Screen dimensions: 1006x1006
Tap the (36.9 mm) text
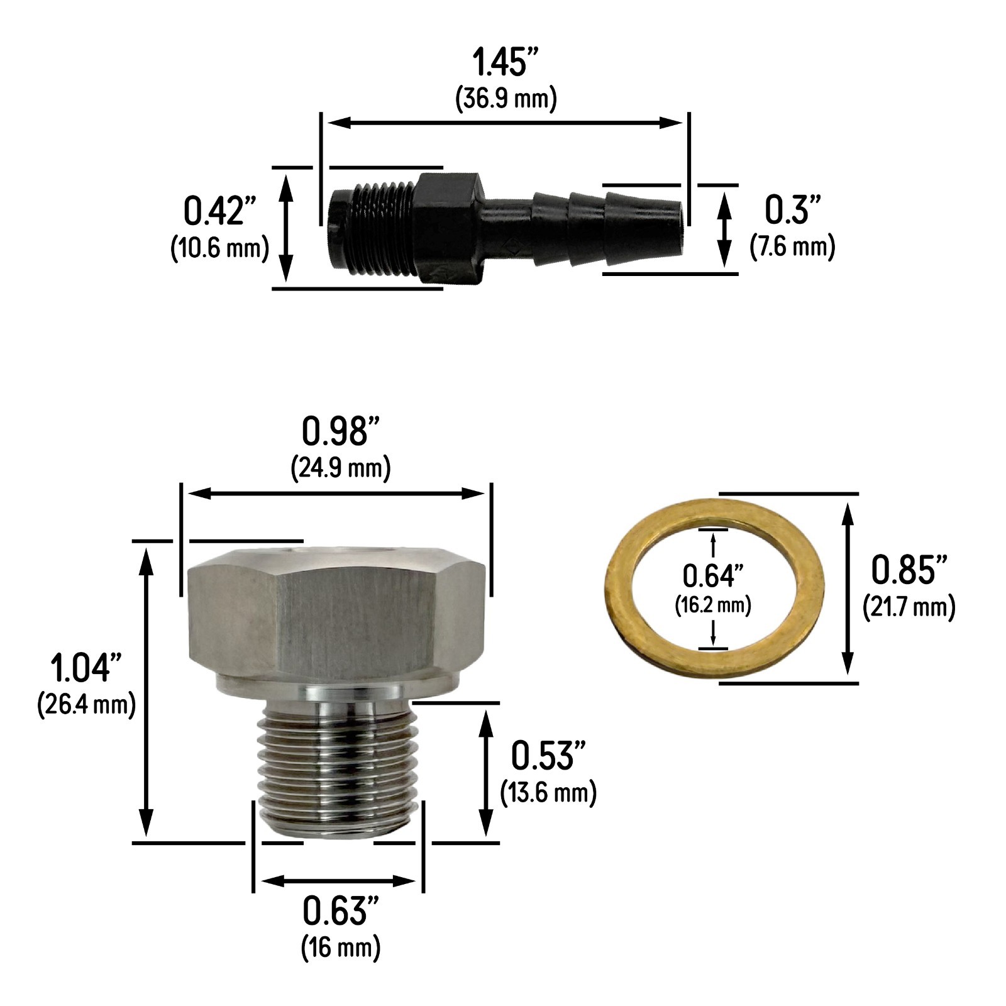[506, 99]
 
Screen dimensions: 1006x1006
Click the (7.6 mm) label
[792, 246]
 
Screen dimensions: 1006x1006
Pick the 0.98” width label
[341, 432]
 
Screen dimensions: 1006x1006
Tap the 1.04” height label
[87, 668]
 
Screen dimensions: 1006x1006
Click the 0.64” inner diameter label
[713, 575]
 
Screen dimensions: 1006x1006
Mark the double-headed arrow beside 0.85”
[848, 589]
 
